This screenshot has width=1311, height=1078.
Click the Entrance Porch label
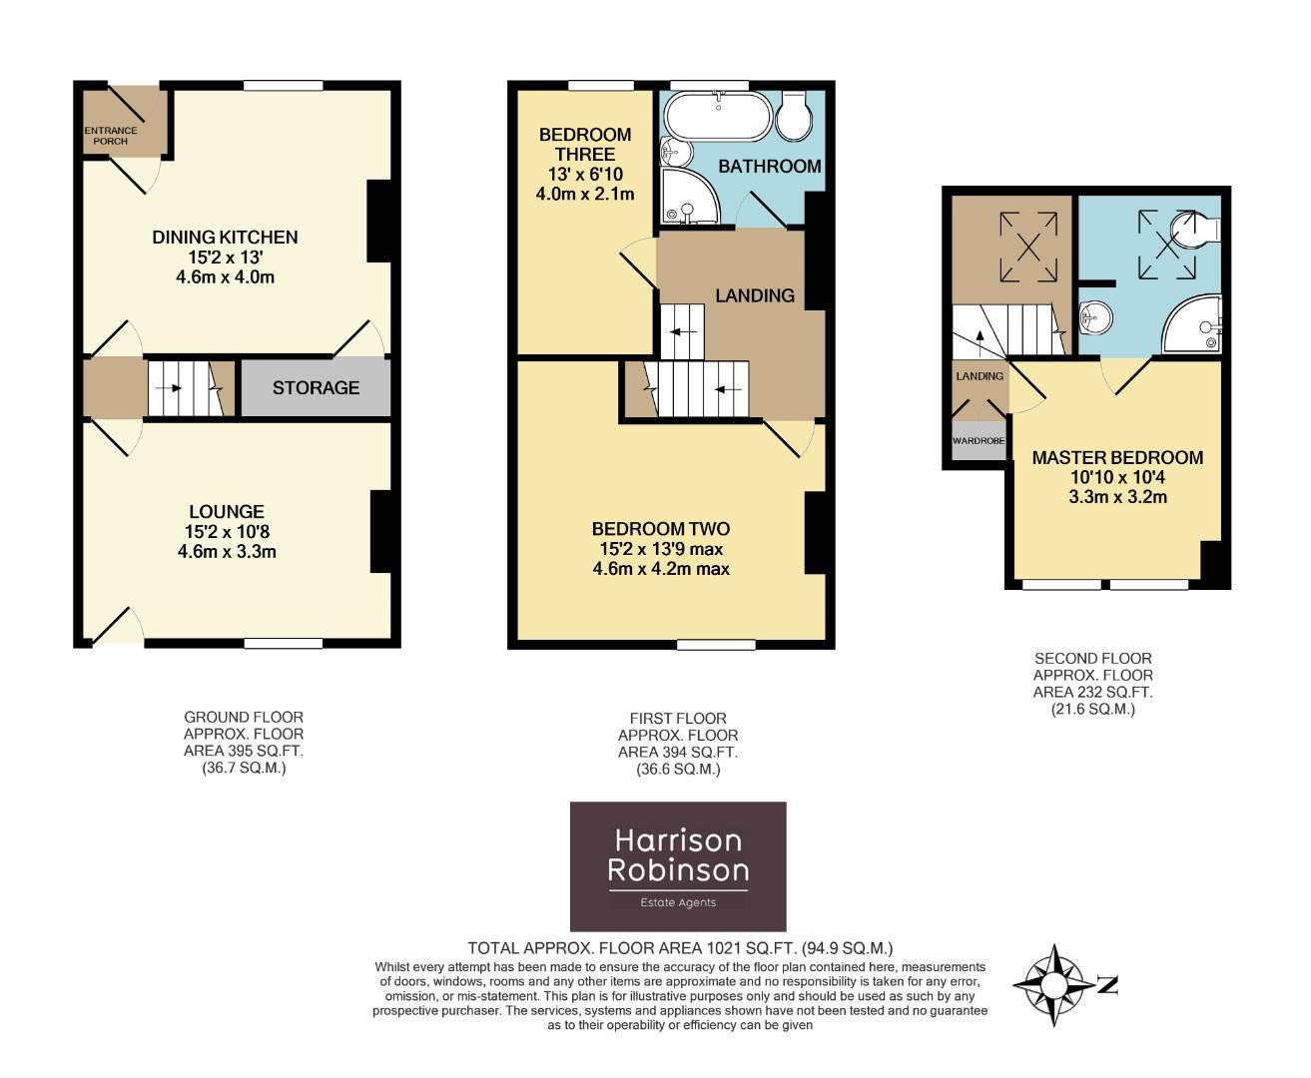111,136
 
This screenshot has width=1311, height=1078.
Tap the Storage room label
316,387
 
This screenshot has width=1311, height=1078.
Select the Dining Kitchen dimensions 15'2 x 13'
225,258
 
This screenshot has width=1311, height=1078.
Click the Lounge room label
226,512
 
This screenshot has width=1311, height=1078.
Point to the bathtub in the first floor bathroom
718,116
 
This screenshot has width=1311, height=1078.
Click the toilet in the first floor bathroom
794,119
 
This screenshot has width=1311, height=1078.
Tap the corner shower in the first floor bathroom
690,197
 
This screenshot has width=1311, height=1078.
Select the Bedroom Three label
585,145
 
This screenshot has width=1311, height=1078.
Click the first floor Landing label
755,295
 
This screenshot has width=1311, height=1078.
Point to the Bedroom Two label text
660,529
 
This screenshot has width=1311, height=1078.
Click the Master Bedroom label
1117,457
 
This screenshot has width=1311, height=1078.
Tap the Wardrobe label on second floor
979,440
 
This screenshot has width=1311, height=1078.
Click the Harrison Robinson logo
678,866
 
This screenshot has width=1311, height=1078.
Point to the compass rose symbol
1054,985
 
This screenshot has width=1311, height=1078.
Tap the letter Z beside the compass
1107,986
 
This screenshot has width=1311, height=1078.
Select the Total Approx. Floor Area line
680,948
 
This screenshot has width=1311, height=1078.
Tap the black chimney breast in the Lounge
380,531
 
